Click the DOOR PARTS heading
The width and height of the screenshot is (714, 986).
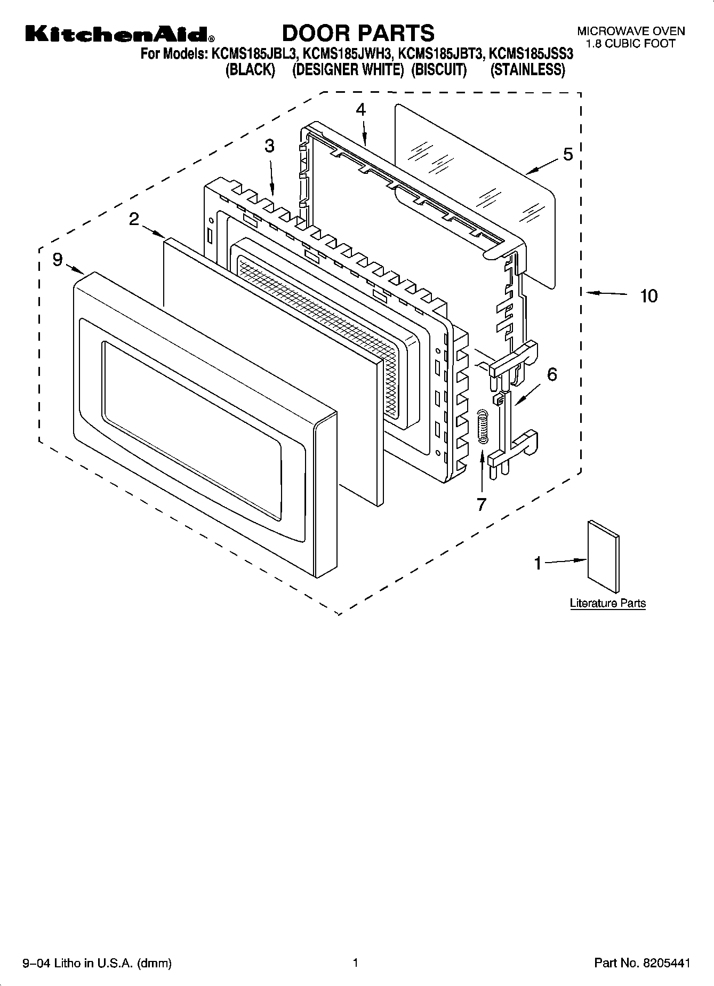pos(358,33)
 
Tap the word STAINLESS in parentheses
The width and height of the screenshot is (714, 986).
pos(527,70)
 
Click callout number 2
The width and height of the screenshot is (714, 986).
pos(134,219)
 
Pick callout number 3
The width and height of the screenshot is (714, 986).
pos(270,146)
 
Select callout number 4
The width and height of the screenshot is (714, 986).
pos(361,109)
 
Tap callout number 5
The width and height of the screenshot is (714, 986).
pos(568,155)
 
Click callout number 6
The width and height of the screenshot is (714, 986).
pos(552,374)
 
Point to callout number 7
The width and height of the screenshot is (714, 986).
pos(482,503)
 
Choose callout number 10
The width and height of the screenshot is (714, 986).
pos(648,295)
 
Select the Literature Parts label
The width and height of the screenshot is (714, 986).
pos(607,603)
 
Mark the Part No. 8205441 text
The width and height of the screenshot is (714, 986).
pos(642,963)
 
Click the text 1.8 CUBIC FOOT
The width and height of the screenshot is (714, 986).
pos(631,44)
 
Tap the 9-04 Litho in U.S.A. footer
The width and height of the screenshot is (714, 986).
pos(97,963)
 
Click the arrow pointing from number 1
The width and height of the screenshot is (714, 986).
pos(565,561)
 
